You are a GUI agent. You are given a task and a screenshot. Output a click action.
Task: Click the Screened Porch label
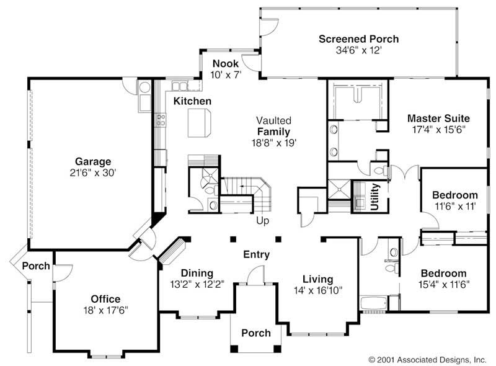pyautogui.click(x=358, y=39)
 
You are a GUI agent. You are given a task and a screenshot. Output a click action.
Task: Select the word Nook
pyautogui.click(x=226, y=63)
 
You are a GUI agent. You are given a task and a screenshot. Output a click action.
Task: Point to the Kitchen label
pyautogui.click(x=192, y=101)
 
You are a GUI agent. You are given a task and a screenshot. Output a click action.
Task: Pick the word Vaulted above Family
pyautogui.click(x=273, y=120)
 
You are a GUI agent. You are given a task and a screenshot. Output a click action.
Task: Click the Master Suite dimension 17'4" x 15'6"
pyautogui.click(x=438, y=129)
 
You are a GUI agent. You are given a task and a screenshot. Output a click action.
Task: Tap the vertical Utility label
pyautogui.click(x=375, y=197)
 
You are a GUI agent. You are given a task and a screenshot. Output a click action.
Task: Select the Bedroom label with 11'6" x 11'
pyautogui.click(x=455, y=195)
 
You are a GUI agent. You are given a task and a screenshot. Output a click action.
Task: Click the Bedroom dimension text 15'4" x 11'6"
pyautogui.click(x=443, y=285)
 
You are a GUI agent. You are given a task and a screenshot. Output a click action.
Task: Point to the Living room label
pyautogui.click(x=317, y=279)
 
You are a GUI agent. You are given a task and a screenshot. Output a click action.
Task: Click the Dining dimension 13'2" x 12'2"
pyautogui.click(x=197, y=285)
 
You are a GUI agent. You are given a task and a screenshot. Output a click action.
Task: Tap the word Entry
pyautogui.click(x=256, y=254)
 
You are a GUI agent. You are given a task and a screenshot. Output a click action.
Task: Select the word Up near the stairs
pyautogui.click(x=263, y=220)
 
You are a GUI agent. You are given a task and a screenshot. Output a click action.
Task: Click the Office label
pyautogui.click(x=105, y=299)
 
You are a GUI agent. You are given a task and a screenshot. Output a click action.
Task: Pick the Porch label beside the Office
pyautogui.click(x=36, y=266)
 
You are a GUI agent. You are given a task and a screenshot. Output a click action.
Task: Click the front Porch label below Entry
pyautogui.click(x=256, y=333)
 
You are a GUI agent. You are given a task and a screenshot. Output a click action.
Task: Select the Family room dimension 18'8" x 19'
pyautogui.click(x=273, y=142)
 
